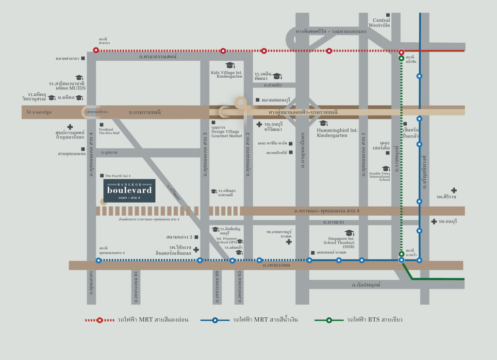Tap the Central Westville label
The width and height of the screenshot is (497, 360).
pos(379,22)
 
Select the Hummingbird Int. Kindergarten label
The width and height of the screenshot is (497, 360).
pos(337,133)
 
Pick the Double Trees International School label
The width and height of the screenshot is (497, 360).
pos(379,176)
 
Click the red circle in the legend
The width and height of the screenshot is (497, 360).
pos(99,320)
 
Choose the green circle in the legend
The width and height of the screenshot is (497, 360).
pos(329,320)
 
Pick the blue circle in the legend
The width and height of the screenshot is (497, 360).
pos(215,320)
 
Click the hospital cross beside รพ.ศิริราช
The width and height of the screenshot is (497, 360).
pos(453,190)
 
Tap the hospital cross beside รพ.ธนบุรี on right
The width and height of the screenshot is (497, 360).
pos(433,222)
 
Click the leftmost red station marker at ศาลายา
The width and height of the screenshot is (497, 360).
pos(96,50)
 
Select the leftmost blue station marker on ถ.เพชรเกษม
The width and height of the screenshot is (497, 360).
pos(99,260)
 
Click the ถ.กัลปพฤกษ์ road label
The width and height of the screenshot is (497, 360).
pos(366,284)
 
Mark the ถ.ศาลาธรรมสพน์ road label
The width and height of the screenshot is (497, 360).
pos(158,57)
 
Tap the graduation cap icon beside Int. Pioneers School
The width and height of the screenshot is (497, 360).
pos(239,241)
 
